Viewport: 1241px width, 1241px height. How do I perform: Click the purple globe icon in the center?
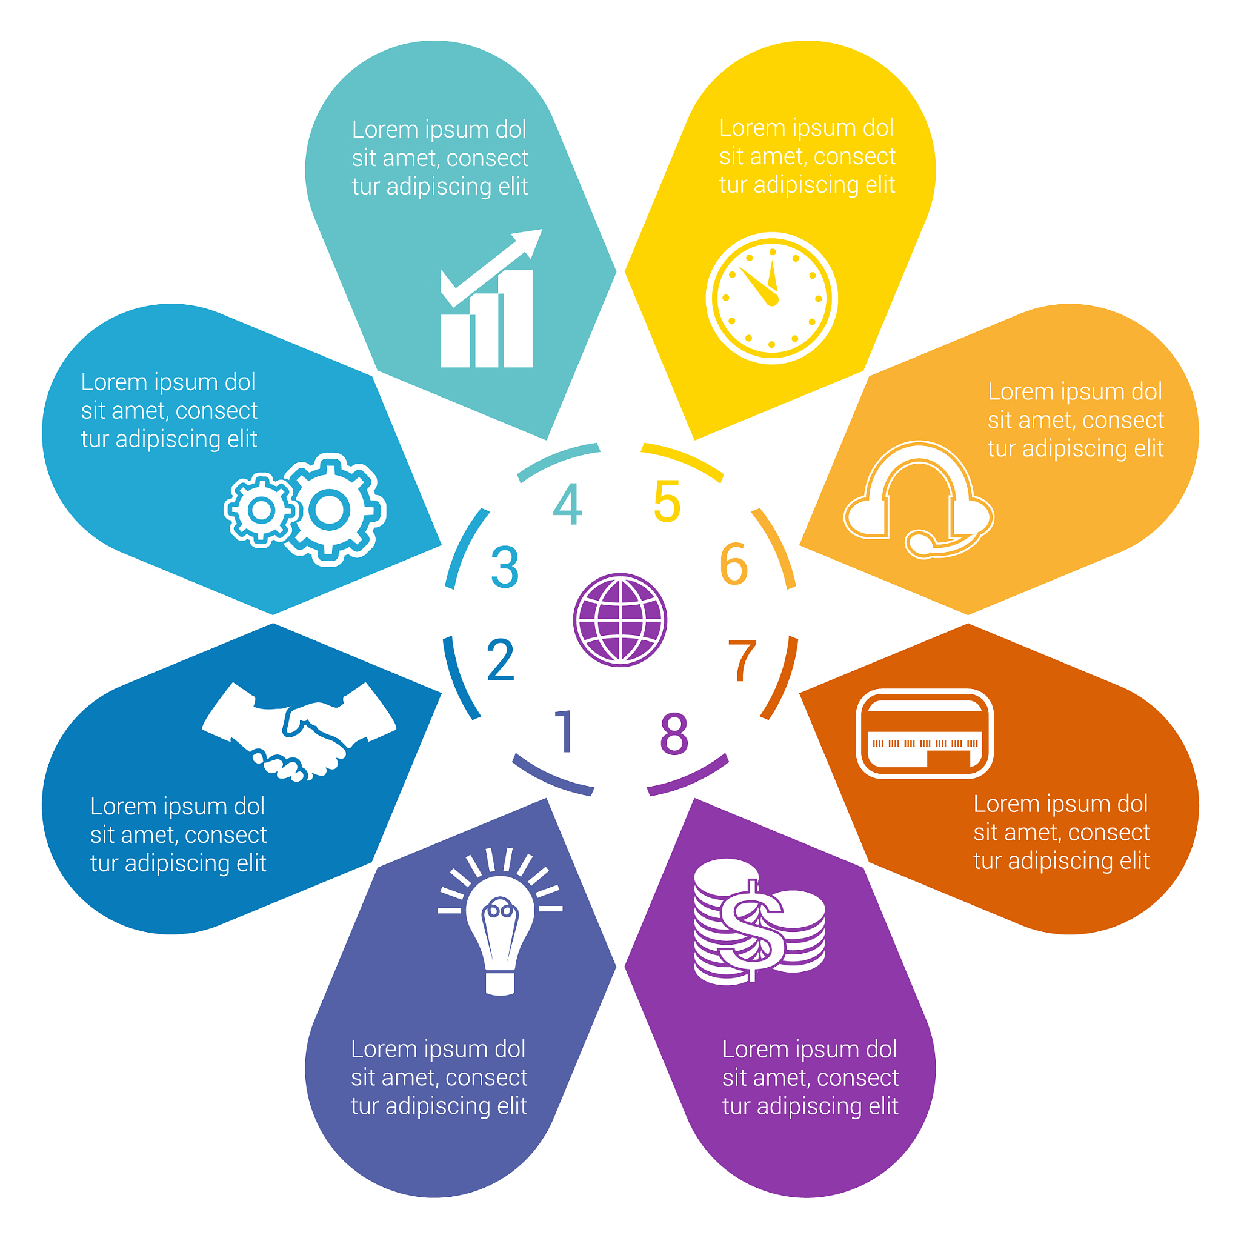pos(620,620)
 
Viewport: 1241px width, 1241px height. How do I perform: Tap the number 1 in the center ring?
pos(565,731)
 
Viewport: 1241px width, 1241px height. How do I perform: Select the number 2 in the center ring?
pos(501,660)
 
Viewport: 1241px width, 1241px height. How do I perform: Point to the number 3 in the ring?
pos(505,567)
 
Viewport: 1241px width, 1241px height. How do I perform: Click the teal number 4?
pos(568,504)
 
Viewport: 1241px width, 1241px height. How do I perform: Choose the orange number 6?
pos(734,565)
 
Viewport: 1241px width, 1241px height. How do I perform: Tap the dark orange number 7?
pos(743,660)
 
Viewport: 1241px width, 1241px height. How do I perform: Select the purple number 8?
pos(674,733)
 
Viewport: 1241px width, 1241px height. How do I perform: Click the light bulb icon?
pos(501,921)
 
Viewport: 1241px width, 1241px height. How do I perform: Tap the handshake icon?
pos(299,731)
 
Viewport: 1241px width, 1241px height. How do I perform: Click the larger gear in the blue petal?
pos(330,510)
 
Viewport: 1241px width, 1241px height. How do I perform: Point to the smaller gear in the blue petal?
pos(261,511)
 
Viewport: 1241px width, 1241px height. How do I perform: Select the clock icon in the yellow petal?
pos(771,298)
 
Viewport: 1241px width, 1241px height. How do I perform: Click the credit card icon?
pos(924,733)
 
